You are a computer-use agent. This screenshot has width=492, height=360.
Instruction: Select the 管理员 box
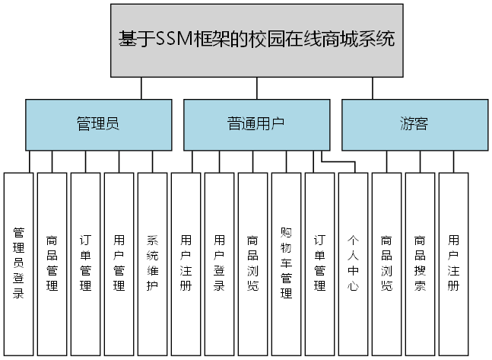tap(98, 124)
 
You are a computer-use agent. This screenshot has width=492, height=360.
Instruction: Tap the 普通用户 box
tap(256, 124)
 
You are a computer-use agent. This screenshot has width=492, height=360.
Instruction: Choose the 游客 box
tap(414, 124)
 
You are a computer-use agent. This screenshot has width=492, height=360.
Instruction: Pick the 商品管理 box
tap(52, 263)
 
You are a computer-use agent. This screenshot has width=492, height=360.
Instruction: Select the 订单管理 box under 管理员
tap(86, 263)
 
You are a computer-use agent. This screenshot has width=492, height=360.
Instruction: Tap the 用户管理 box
tap(119, 263)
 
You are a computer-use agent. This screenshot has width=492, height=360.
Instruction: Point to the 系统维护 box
tap(152, 263)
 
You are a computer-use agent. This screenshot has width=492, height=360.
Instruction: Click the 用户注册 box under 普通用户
tap(186, 263)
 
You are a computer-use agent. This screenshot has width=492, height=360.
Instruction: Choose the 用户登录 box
tap(219, 263)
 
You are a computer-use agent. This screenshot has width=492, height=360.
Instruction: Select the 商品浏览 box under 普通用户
tap(252, 263)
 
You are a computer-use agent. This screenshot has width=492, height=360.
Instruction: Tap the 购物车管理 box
tap(286, 263)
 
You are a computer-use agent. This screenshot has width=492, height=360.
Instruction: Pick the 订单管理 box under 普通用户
tap(319, 263)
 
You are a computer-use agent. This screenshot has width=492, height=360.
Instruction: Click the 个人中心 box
tap(353, 263)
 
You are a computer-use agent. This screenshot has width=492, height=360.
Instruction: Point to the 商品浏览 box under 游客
tap(386, 263)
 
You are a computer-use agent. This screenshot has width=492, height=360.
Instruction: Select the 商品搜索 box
tap(420, 263)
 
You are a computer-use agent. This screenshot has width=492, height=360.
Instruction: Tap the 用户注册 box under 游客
tap(453, 263)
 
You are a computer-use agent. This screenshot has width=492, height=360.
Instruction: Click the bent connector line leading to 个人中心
tap(339, 161)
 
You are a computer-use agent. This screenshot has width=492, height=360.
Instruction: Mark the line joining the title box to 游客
tap(372, 88)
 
